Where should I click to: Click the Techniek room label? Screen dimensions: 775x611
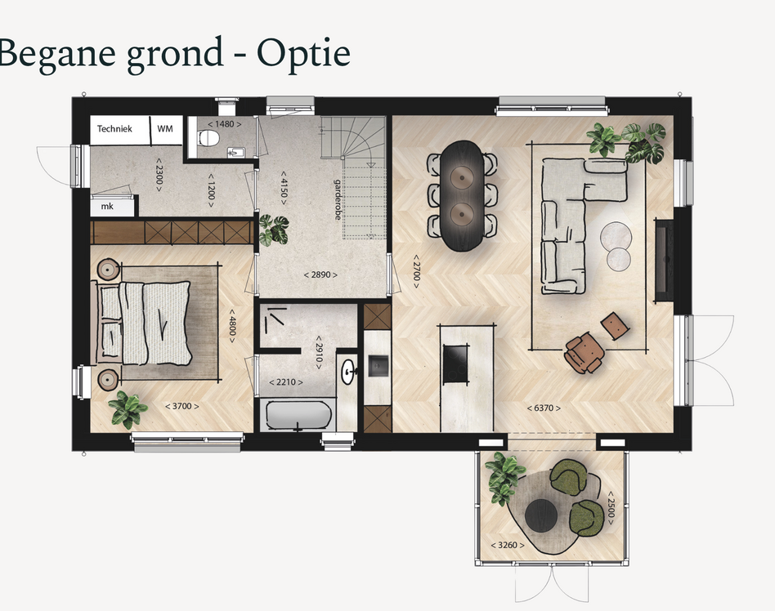click(x=114, y=129)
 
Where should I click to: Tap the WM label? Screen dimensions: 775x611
click(x=165, y=128)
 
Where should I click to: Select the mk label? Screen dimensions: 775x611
click(x=107, y=207)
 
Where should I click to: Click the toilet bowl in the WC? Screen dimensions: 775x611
click(x=208, y=138)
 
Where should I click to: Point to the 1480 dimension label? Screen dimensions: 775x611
click(x=224, y=124)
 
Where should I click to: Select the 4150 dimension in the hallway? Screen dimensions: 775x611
click(x=284, y=188)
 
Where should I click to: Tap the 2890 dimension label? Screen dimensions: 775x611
click(x=320, y=274)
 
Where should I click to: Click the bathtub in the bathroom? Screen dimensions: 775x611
click(x=298, y=416)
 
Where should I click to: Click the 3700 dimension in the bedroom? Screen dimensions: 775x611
click(x=181, y=406)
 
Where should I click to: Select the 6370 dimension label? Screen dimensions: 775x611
click(x=544, y=408)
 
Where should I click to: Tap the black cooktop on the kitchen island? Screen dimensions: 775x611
click(x=455, y=364)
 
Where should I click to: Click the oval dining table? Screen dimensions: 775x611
click(x=462, y=195)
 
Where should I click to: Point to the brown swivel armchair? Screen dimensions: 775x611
click(x=585, y=352)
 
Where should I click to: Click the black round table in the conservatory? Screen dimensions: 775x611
click(x=541, y=515)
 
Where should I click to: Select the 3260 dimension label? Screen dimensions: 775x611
click(x=508, y=546)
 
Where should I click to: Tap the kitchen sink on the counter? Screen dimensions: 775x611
click(x=379, y=365)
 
